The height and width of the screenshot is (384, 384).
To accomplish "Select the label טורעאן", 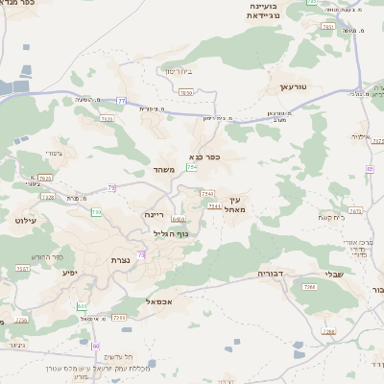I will point(291,87).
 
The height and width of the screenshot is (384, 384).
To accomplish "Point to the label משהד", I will point(162,169).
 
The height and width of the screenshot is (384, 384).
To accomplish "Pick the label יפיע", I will point(68,273).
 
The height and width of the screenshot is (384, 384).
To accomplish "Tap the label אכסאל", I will point(158,301).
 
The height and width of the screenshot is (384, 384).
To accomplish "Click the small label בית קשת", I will point(329,218).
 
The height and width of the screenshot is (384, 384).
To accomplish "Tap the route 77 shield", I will point(122,100).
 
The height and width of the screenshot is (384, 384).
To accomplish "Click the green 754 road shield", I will point(192,168).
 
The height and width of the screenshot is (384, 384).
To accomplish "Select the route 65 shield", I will point(370,169).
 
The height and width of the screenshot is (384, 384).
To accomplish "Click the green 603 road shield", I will point(82,306).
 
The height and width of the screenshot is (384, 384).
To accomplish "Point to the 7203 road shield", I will point(118,317).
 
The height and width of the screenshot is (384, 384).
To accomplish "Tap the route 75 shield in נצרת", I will point(141,253).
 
